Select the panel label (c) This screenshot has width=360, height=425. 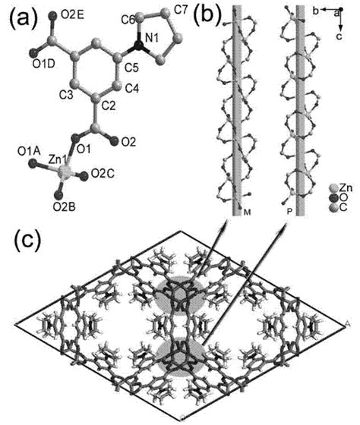coord(30,243)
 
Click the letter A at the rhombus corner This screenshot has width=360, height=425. coord(347,324)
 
